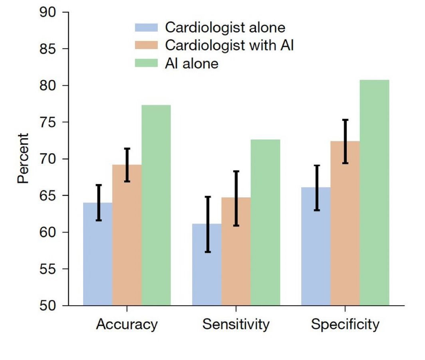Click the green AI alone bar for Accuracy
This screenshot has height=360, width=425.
156,205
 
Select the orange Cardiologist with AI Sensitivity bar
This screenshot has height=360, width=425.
236,251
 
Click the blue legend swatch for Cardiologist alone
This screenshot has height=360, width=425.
147,28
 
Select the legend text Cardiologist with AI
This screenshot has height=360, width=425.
230,45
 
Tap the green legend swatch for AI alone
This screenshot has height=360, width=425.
147,63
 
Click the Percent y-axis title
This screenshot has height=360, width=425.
23,158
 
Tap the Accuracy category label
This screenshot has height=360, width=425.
127,324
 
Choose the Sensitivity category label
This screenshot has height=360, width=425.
236,324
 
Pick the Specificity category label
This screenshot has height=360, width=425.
345,324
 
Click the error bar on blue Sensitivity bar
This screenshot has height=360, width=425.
207,224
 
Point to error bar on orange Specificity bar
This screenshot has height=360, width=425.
345,141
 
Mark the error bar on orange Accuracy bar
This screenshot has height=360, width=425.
127,165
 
